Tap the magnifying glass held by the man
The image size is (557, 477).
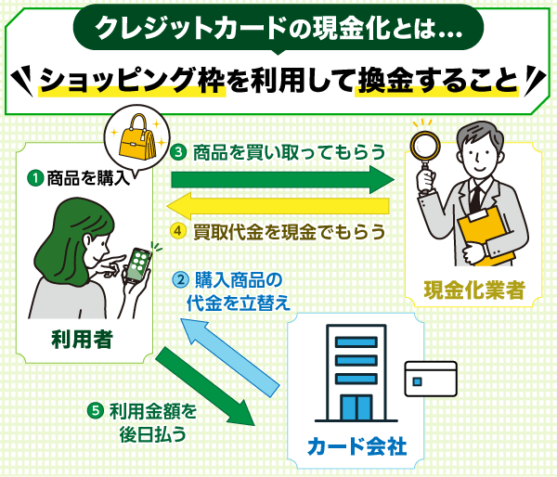coord(425,154)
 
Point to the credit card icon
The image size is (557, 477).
coord(431,379)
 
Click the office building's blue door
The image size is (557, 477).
coord(356,408)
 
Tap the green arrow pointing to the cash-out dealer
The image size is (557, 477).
coord(283,179)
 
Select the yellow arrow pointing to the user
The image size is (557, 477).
coord(278,206)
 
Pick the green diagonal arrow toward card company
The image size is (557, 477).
coord(206,386)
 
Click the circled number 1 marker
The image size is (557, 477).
coord(35,178)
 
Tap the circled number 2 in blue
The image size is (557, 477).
coord(181,280)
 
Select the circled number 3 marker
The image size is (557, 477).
coord(178,152)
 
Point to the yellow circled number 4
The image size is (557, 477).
coord(178,231)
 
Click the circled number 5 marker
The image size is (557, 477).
coord(96,411)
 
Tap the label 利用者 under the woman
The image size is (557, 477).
coord(83,340)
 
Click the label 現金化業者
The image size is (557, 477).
coord(474,290)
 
